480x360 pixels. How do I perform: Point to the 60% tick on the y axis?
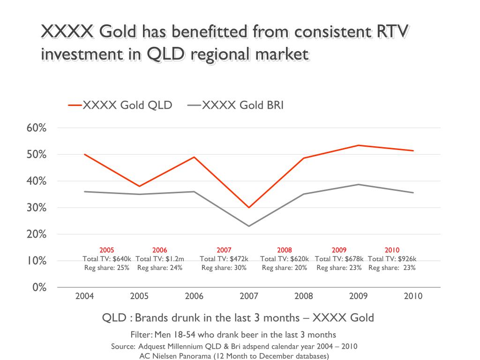(x=37, y=128)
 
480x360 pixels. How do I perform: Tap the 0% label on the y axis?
(x=39, y=287)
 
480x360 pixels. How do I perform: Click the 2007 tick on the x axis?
(x=248, y=296)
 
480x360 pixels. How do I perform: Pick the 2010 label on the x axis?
(x=413, y=296)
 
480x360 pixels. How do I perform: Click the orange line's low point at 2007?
(x=249, y=207)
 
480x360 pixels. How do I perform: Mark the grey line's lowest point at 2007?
(x=249, y=226)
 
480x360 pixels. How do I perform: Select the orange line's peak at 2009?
(x=359, y=145)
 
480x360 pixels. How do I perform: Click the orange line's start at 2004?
(x=84, y=154)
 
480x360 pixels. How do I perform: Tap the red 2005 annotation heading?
(x=107, y=250)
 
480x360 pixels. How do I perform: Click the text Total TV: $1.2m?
(x=160, y=259)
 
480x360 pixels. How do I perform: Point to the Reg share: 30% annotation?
(x=224, y=268)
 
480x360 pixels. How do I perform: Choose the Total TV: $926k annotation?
(x=392, y=259)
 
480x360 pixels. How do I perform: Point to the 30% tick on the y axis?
(x=37, y=208)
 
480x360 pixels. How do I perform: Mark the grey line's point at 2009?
(x=359, y=184)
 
